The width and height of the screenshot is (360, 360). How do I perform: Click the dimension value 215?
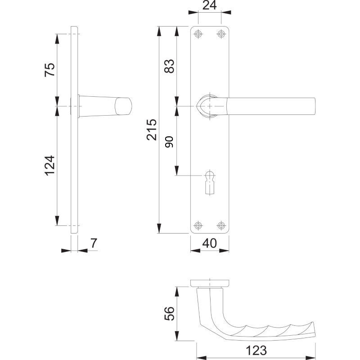(152, 130)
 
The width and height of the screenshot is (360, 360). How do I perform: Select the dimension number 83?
(170, 66)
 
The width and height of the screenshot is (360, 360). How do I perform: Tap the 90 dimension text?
(170, 142)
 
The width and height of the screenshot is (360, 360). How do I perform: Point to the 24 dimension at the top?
(209, 5)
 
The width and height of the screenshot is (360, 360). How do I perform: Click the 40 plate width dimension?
(209, 243)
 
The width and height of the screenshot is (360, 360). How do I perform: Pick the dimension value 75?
(50, 70)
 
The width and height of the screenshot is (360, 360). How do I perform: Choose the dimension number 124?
(50, 166)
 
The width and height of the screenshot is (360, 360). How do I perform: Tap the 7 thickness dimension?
(94, 243)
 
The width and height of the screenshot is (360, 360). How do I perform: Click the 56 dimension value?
(170, 313)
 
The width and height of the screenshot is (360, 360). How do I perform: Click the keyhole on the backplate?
(210, 184)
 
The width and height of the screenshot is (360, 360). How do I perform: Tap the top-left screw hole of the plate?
(198, 34)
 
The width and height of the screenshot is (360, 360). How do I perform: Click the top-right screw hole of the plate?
(221, 34)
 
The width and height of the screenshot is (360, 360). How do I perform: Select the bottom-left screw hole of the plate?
(198, 225)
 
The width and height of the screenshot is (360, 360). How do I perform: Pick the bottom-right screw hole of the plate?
(221, 225)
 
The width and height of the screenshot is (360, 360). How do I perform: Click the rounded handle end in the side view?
(123, 106)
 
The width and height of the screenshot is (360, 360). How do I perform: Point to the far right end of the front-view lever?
(315, 106)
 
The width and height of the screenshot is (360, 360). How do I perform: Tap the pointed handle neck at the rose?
(200, 106)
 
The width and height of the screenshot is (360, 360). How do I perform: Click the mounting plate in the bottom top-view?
(210, 283)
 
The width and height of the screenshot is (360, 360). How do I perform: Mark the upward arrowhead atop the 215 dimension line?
(159, 31)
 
